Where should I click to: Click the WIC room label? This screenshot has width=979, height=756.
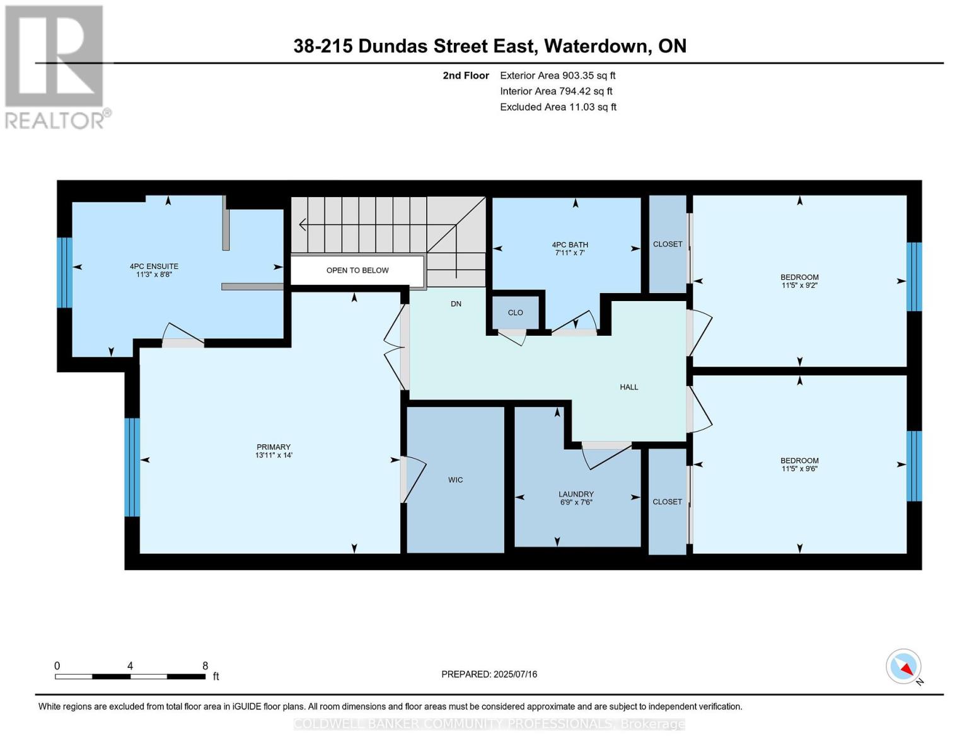pos(455,480)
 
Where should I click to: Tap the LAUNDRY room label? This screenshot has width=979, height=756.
pos(576,495)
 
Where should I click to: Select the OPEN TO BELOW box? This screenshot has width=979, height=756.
pos(357,270)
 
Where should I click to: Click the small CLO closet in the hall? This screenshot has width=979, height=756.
pos(515,312)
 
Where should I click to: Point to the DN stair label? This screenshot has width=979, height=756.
pos(456,304)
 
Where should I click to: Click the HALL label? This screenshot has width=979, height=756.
pos(629,387)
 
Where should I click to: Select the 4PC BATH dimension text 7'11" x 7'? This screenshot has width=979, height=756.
pos(570,253)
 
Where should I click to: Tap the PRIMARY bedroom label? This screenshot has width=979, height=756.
pos(273,447)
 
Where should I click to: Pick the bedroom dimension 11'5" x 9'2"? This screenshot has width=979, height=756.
pos(799,285)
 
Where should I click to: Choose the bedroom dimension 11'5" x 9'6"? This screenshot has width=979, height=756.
pos(799,469)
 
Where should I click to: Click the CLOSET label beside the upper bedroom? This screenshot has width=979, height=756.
pos(668,244)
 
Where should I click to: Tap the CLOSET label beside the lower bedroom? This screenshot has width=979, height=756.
pos(668,501)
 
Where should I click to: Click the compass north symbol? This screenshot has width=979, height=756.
pos(904,667)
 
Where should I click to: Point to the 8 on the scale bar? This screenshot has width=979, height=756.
pos(205,666)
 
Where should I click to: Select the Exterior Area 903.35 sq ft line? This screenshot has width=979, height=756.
pos(557,76)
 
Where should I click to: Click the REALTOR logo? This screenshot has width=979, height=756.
pos(55,66)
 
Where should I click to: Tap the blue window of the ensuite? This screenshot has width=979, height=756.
pos(64,272)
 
